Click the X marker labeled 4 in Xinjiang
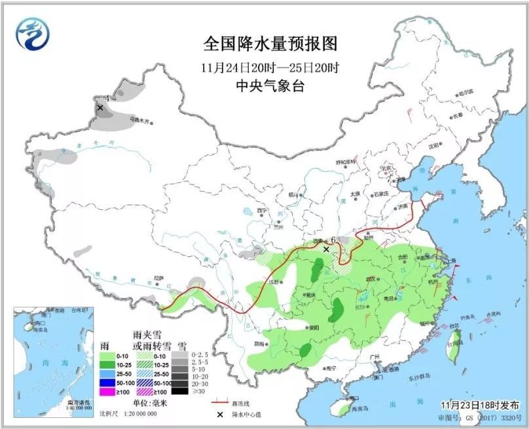100,107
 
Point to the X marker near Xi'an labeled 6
326,249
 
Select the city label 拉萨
158,278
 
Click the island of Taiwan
452,341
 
